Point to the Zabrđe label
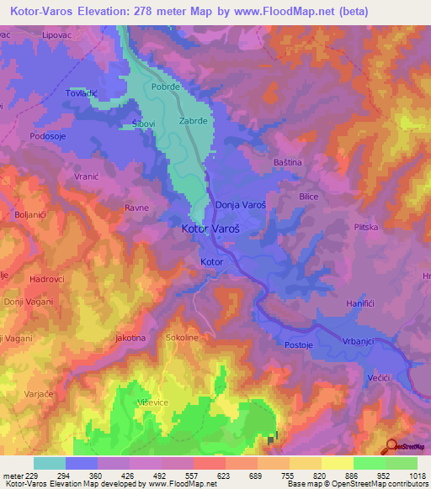click(194, 120)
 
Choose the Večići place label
click(379, 380)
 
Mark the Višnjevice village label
click(154, 403)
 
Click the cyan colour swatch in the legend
click(49, 463)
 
